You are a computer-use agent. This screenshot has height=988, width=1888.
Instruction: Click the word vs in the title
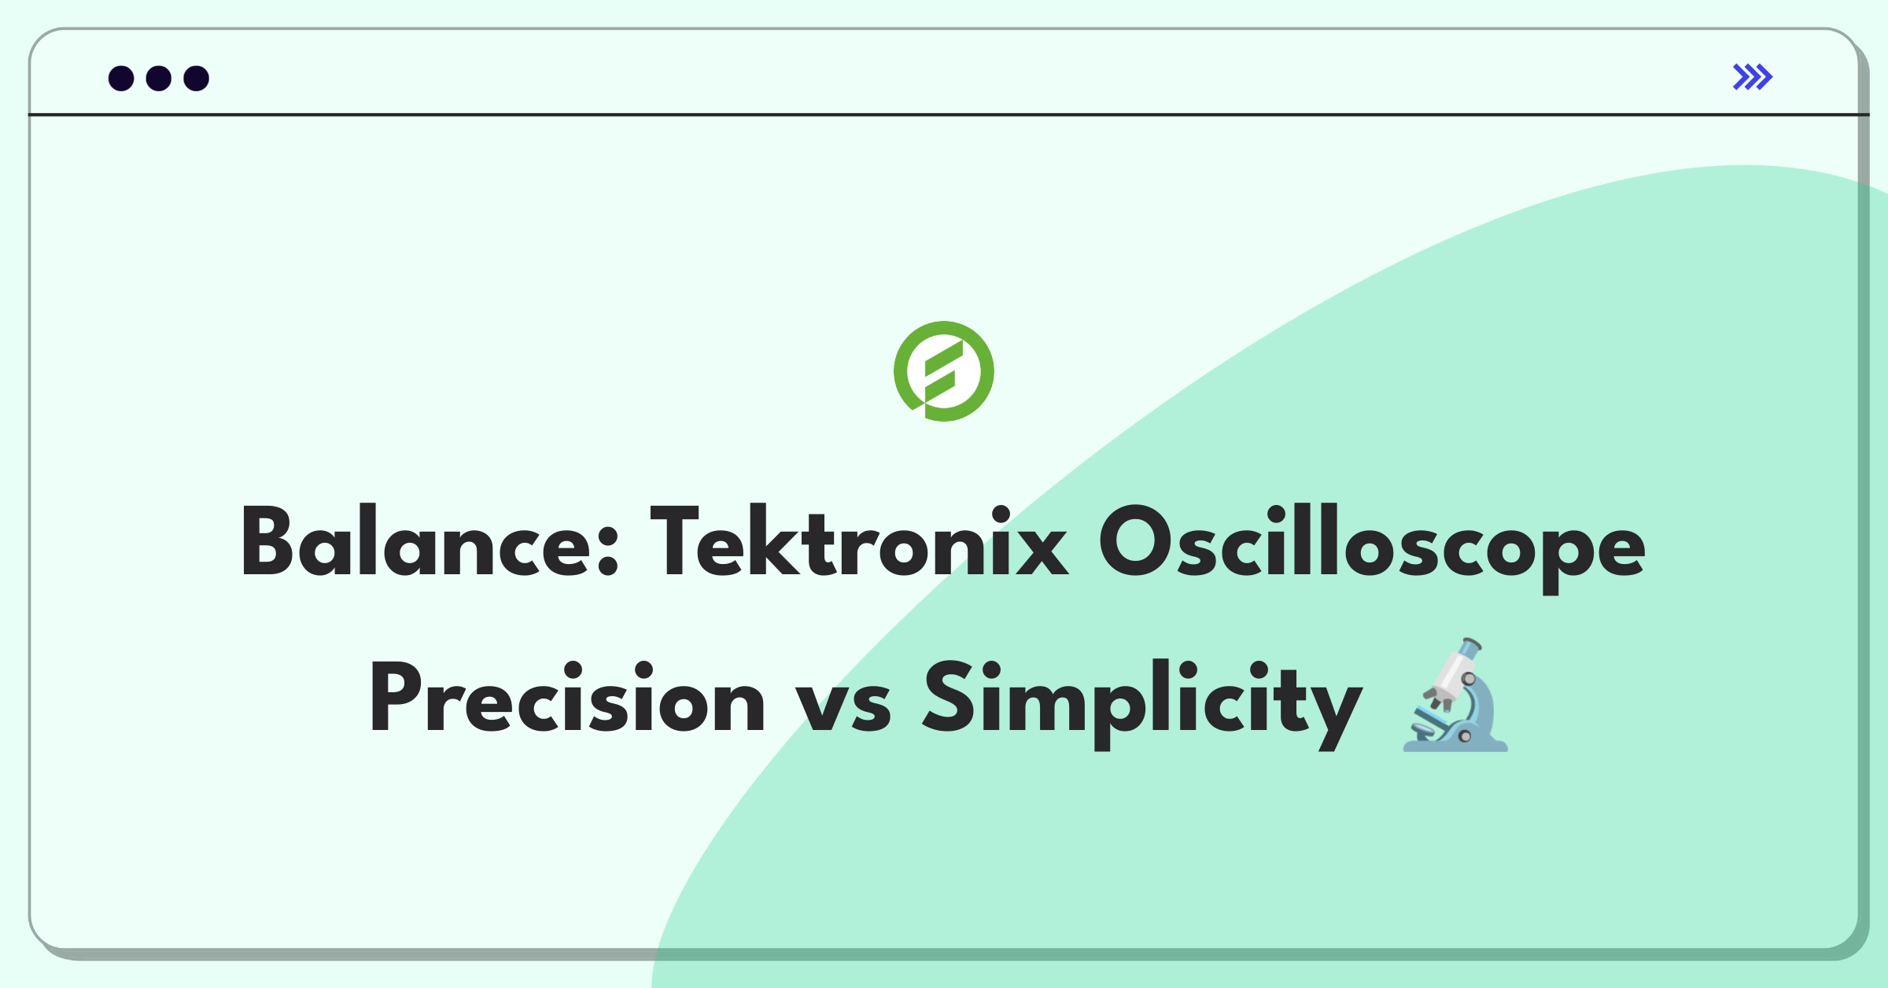843,704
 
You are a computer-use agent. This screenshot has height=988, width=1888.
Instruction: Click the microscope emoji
1455,696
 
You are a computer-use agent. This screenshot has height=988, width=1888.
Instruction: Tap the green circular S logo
943,371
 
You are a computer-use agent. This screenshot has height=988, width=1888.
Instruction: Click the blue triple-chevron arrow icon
1752,77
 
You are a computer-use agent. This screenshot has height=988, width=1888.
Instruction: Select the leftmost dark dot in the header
121,79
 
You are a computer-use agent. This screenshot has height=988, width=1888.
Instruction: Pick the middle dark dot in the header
159,79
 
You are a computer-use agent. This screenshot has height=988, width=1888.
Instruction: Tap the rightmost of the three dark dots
197,79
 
